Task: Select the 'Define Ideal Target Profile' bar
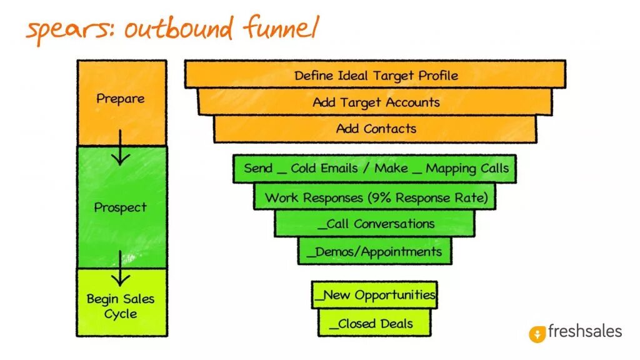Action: [376, 76]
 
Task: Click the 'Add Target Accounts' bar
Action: [376, 102]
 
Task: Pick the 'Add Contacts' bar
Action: [376, 129]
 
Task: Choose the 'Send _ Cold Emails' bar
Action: [376, 168]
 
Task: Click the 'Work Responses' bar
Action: [376, 197]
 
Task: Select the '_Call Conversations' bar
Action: [376, 224]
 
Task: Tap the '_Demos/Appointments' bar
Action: [376, 252]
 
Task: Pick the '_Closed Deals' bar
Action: [375, 323]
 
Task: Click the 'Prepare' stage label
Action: [121, 99]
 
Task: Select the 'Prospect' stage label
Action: [121, 207]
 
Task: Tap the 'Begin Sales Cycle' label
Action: [121, 306]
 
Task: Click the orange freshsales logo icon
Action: [537, 334]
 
